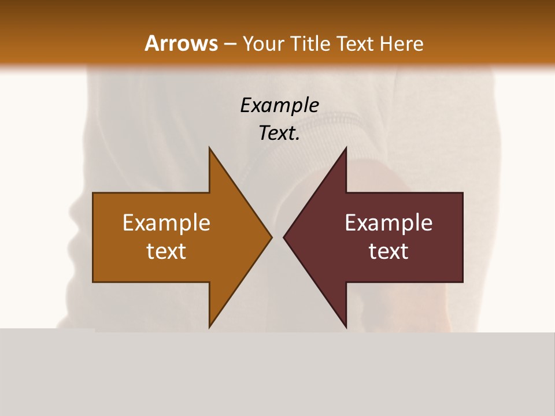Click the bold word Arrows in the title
(181, 43)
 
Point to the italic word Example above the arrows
(279, 105)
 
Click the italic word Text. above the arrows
(279, 133)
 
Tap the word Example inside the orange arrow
(166, 223)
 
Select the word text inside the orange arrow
(166, 251)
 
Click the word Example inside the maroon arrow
(388, 223)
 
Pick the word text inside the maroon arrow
(388, 251)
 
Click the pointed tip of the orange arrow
(271, 237)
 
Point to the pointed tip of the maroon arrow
(284, 237)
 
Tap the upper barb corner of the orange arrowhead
(209, 148)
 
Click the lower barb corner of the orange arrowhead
(209, 327)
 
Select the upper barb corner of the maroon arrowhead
(346, 148)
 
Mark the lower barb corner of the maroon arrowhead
(346, 327)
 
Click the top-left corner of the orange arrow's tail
(93, 193)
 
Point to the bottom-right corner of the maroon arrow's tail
(462, 281)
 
